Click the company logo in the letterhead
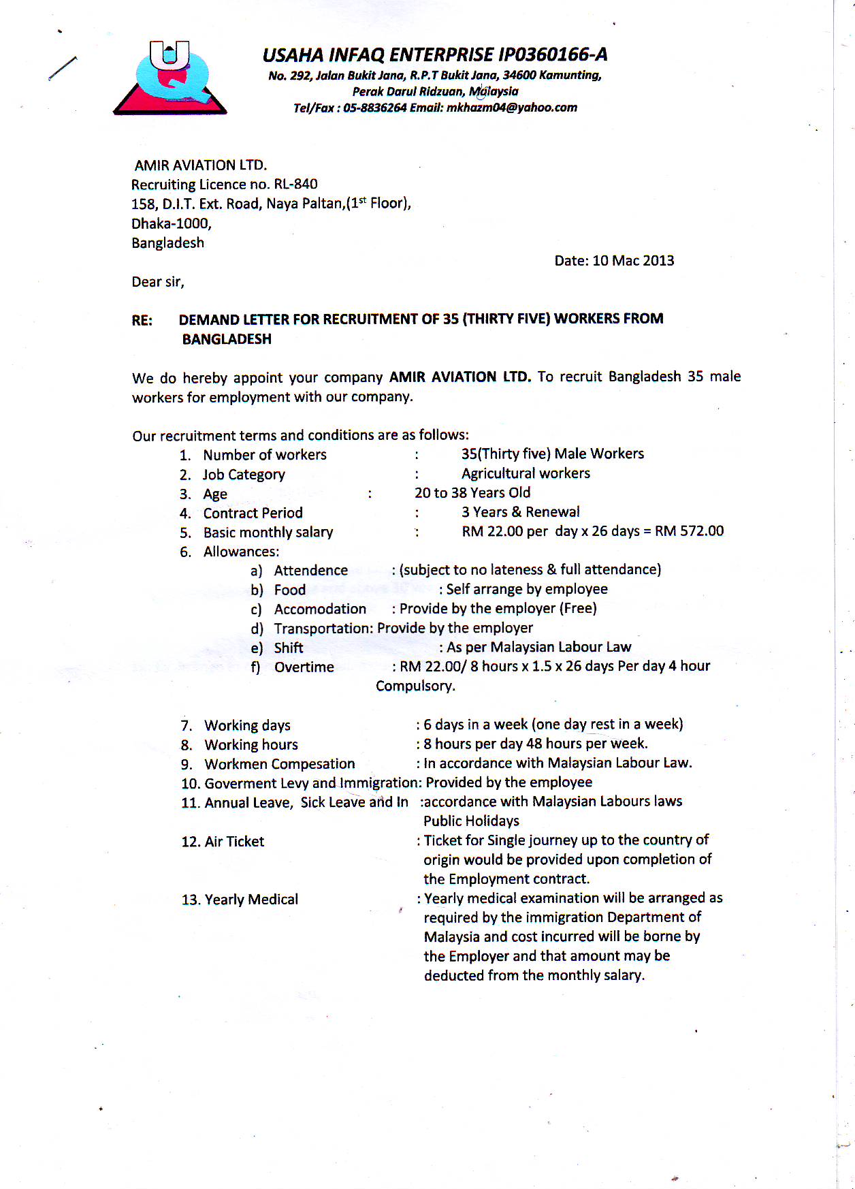(170, 78)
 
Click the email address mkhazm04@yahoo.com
(511, 108)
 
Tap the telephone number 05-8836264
(374, 108)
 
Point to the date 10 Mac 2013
(633, 261)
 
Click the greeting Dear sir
(157, 282)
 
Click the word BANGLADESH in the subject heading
(227, 339)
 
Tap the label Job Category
(244, 475)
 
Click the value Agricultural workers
(526, 473)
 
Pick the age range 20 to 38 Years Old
(472, 493)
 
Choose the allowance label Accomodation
(320, 609)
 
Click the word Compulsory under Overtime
(415, 686)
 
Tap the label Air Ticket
(234, 842)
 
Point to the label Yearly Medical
(251, 900)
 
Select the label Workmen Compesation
(280, 764)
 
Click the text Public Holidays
(471, 821)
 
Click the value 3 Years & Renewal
(521, 512)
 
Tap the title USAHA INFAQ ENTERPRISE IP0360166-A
(435, 54)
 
